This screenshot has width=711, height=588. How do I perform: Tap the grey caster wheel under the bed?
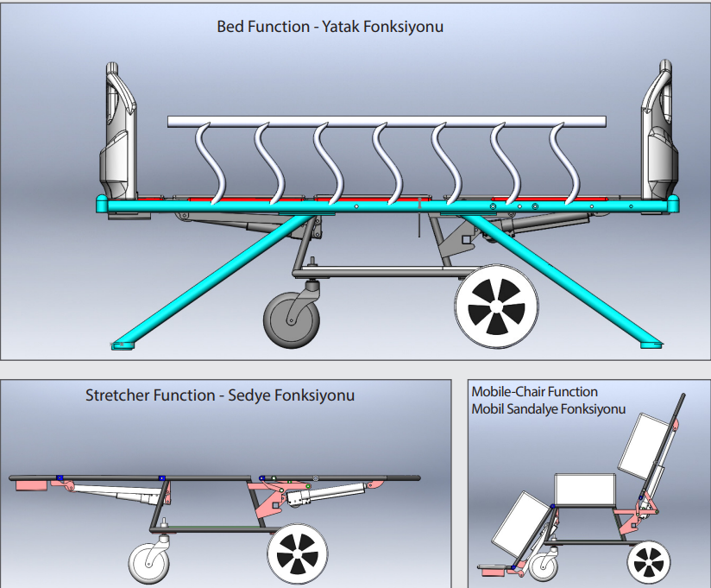pyautogui.click(x=290, y=320)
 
